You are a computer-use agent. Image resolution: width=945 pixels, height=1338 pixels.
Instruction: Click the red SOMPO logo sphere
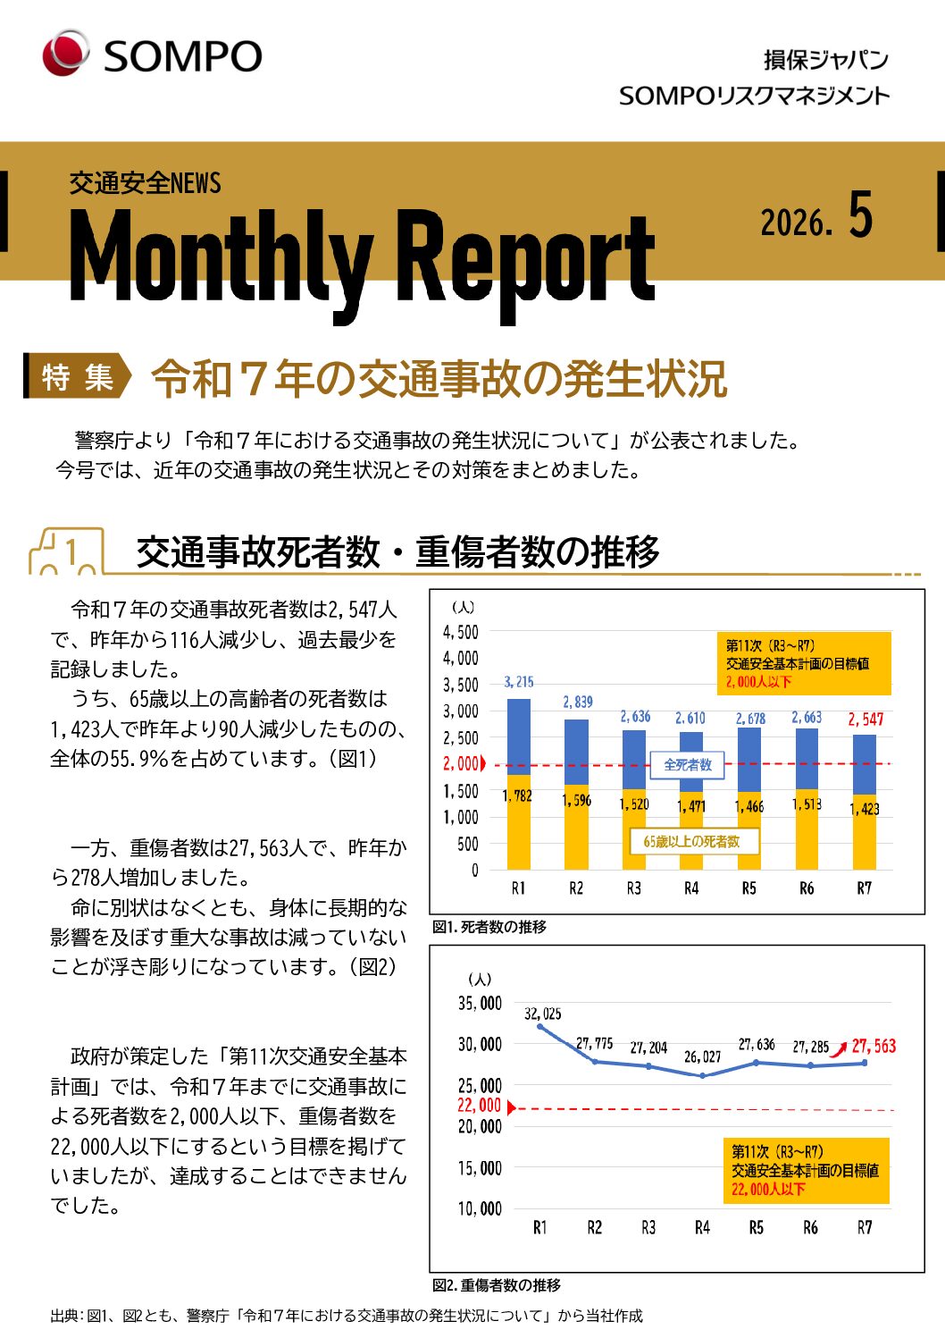[65, 53]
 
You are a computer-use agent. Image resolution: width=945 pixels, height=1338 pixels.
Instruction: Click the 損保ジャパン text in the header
[825, 60]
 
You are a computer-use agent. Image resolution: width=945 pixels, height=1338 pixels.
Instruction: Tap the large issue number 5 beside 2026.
[860, 215]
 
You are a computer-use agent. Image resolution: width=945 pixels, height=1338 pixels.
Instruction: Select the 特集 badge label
[78, 377]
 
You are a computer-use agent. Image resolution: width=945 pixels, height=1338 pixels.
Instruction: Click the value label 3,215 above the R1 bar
[518, 682]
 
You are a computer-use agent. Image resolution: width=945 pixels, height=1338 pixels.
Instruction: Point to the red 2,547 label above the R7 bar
[866, 719]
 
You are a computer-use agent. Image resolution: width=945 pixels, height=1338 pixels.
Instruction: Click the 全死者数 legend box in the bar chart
[688, 765]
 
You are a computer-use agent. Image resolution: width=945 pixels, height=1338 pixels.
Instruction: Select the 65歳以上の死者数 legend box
[691, 841]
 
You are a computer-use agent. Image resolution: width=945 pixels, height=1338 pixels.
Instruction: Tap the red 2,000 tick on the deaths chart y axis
[462, 764]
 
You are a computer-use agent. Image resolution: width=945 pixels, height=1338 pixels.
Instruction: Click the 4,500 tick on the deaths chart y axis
[461, 632]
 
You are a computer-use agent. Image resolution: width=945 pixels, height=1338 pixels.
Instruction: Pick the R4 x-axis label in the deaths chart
[691, 888]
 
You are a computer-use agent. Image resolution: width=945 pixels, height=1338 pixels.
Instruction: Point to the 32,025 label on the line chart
[542, 1014]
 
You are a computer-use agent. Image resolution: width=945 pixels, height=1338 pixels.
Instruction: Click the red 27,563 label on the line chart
[874, 1046]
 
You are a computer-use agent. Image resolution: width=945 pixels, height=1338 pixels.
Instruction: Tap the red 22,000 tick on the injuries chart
[480, 1106]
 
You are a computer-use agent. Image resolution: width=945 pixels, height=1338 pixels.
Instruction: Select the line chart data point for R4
[702, 1075]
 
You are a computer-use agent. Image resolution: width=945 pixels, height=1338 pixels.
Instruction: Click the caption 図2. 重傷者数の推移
[497, 1285]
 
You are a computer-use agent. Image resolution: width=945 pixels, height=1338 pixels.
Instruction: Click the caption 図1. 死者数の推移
[489, 927]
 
